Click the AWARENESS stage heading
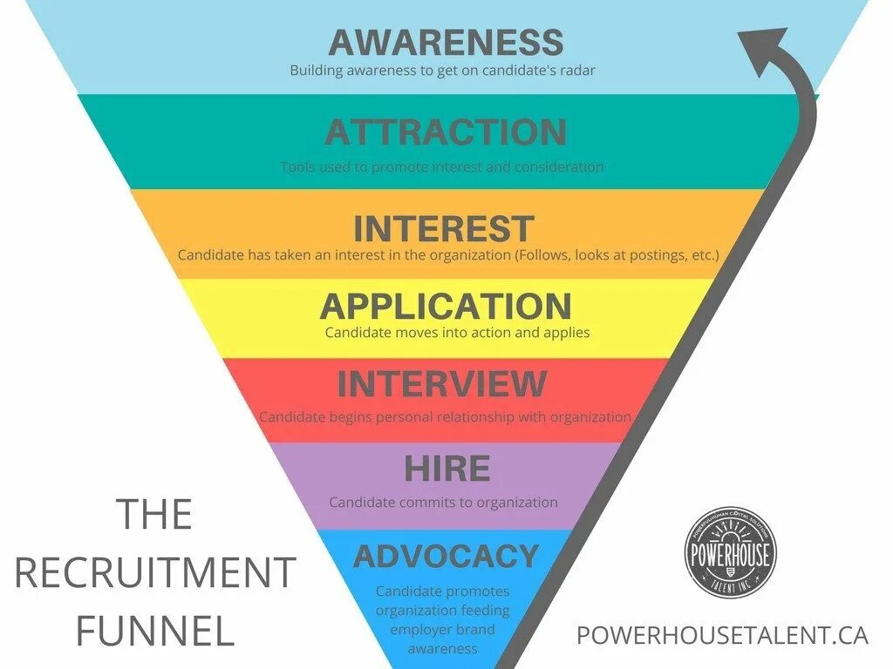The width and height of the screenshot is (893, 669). coord(446,42)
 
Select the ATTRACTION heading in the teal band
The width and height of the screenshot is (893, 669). coord(446,132)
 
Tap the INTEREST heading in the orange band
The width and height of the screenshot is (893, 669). coord(443,229)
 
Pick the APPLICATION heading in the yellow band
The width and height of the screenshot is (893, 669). coord(446,307)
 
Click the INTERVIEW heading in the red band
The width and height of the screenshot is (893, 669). coord(441,384)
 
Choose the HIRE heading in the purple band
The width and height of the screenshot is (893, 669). coord(446,470)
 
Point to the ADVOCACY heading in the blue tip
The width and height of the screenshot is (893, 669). coord(446,556)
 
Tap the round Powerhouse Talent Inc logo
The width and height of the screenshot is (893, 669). coord(730,553)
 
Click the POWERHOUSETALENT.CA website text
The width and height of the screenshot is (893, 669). coord(722,635)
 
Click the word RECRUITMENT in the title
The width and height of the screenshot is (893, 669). coord(155,572)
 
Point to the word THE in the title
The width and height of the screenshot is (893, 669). coord(154,514)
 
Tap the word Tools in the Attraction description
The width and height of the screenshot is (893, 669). coord(297,166)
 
